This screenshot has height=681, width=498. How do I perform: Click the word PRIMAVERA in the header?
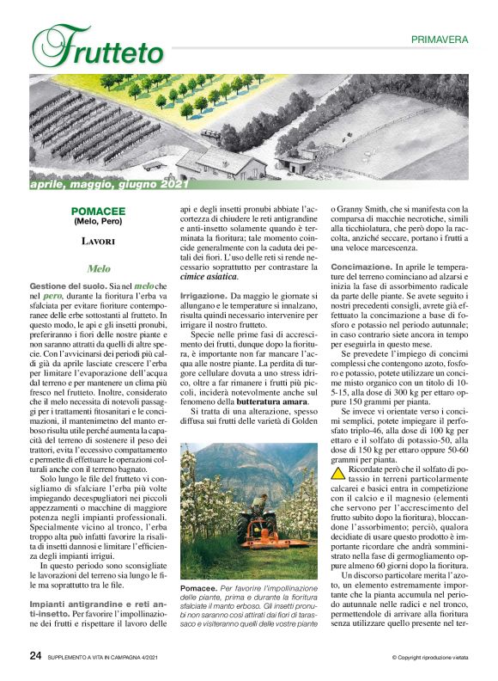point(439,40)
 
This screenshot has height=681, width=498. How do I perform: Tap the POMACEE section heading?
point(99,210)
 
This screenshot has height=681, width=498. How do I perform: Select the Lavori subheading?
point(99,242)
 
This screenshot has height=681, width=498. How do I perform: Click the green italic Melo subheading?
point(99,268)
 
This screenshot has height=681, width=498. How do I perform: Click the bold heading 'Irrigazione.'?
point(203,296)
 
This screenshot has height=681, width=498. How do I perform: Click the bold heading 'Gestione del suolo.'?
point(66,285)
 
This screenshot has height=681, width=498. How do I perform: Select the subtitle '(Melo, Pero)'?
point(99,221)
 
